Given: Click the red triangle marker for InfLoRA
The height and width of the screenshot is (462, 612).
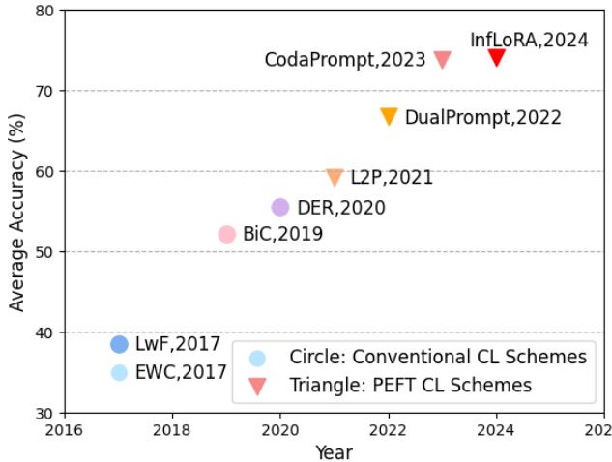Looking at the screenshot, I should click(x=497, y=57).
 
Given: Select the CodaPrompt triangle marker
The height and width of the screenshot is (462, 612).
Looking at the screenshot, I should click(x=443, y=59).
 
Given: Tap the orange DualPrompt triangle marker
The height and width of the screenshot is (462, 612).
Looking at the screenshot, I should click(x=389, y=116).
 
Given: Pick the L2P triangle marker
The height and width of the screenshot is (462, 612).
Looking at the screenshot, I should click(x=335, y=177).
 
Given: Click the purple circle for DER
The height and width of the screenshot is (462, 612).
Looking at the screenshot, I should click(x=280, y=207).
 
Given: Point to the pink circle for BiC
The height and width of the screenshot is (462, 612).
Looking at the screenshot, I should click(x=226, y=234).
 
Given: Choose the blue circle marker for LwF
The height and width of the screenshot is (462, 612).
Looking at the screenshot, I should click(x=119, y=344).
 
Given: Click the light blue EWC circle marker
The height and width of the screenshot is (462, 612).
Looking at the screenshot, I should click(x=119, y=372).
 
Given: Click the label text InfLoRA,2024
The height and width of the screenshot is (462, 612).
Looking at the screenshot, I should click(x=529, y=40).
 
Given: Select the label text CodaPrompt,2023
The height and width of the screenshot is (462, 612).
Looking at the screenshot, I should click(x=345, y=60).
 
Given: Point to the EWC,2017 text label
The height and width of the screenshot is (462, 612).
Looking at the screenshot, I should click(x=181, y=372).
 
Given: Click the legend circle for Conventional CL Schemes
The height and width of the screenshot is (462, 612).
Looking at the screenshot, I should click(x=257, y=358).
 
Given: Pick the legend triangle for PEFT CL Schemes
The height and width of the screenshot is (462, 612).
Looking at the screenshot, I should click(x=257, y=386).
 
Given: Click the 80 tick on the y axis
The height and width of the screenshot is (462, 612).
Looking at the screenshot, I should click(x=46, y=11).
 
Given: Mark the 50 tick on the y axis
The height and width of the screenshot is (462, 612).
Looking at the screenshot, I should click(x=46, y=252).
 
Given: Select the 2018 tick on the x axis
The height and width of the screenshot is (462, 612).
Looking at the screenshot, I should click(x=172, y=430).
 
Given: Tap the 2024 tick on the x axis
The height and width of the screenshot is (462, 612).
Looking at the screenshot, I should click(x=497, y=430).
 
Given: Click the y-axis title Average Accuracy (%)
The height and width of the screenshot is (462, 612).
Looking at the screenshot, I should click(x=16, y=212).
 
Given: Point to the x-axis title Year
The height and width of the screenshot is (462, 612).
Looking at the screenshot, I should click(x=333, y=451).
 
